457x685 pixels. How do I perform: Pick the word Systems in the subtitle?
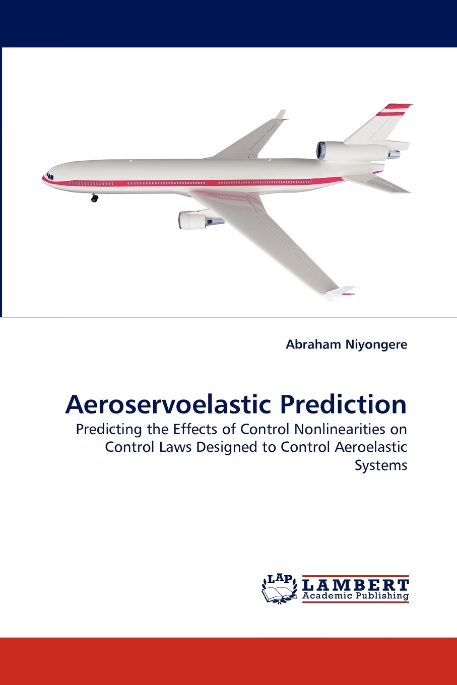381,465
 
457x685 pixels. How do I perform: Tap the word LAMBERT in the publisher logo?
356,585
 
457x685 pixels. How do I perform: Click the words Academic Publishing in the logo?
356,596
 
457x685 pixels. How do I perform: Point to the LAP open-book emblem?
279,589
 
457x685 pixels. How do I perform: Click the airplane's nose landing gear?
94,198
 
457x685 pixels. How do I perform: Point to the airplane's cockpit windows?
50,177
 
